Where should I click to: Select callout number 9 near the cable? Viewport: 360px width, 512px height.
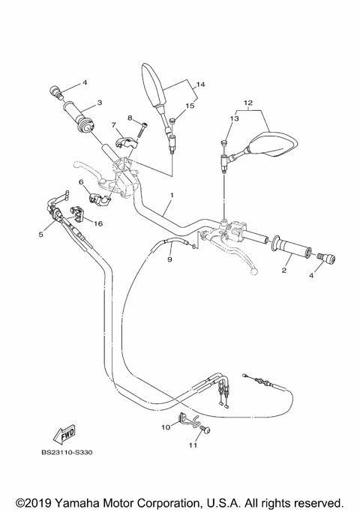tap(169, 259)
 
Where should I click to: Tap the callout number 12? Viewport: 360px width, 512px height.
tap(248, 101)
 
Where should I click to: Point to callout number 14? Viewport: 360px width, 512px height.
tap(200, 85)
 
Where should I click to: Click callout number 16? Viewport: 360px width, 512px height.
tap(98, 223)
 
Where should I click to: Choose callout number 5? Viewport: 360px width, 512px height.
tap(41, 235)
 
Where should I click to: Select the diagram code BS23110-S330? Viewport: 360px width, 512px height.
tap(72, 452)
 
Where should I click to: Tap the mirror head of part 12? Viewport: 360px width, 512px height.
tap(273, 144)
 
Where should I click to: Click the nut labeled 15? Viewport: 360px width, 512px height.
tap(172, 121)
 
